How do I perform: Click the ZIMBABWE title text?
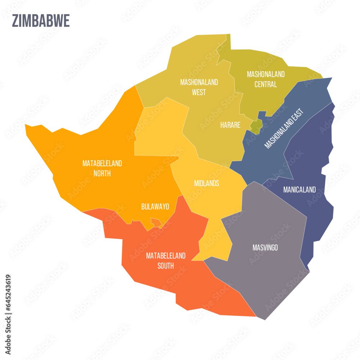pyautogui.click(x=41, y=21)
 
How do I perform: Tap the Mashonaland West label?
pyautogui.click(x=199, y=87)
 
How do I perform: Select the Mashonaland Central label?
pyautogui.click(x=266, y=79)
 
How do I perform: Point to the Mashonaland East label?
pyautogui.click(x=284, y=128)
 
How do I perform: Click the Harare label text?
pyautogui.click(x=230, y=125)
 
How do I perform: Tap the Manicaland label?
pyautogui.click(x=299, y=189)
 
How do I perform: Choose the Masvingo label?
pyautogui.click(x=265, y=248)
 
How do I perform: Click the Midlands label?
pyautogui.click(x=206, y=183)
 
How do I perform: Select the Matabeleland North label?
pyautogui.click(x=102, y=168)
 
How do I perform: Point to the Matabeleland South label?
pyautogui.click(x=166, y=261)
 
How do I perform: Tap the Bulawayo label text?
pyautogui.click(x=155, y=207)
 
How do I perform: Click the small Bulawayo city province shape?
pyautogui.click(x=156, y=222)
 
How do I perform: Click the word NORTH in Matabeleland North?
pyautogui.click(x=102, y=174)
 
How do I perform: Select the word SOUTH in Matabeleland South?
pyautogui.click(x=166, y=266)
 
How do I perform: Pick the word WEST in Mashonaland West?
pyautogui.click(x=199, y=92)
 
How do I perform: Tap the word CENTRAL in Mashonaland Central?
pyautogui.click(x=266, y=85)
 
